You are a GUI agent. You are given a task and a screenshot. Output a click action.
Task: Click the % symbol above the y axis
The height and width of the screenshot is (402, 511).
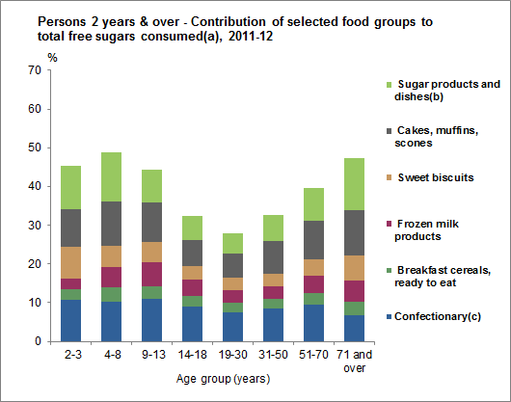pyautogui.click(x=52, y=57)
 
